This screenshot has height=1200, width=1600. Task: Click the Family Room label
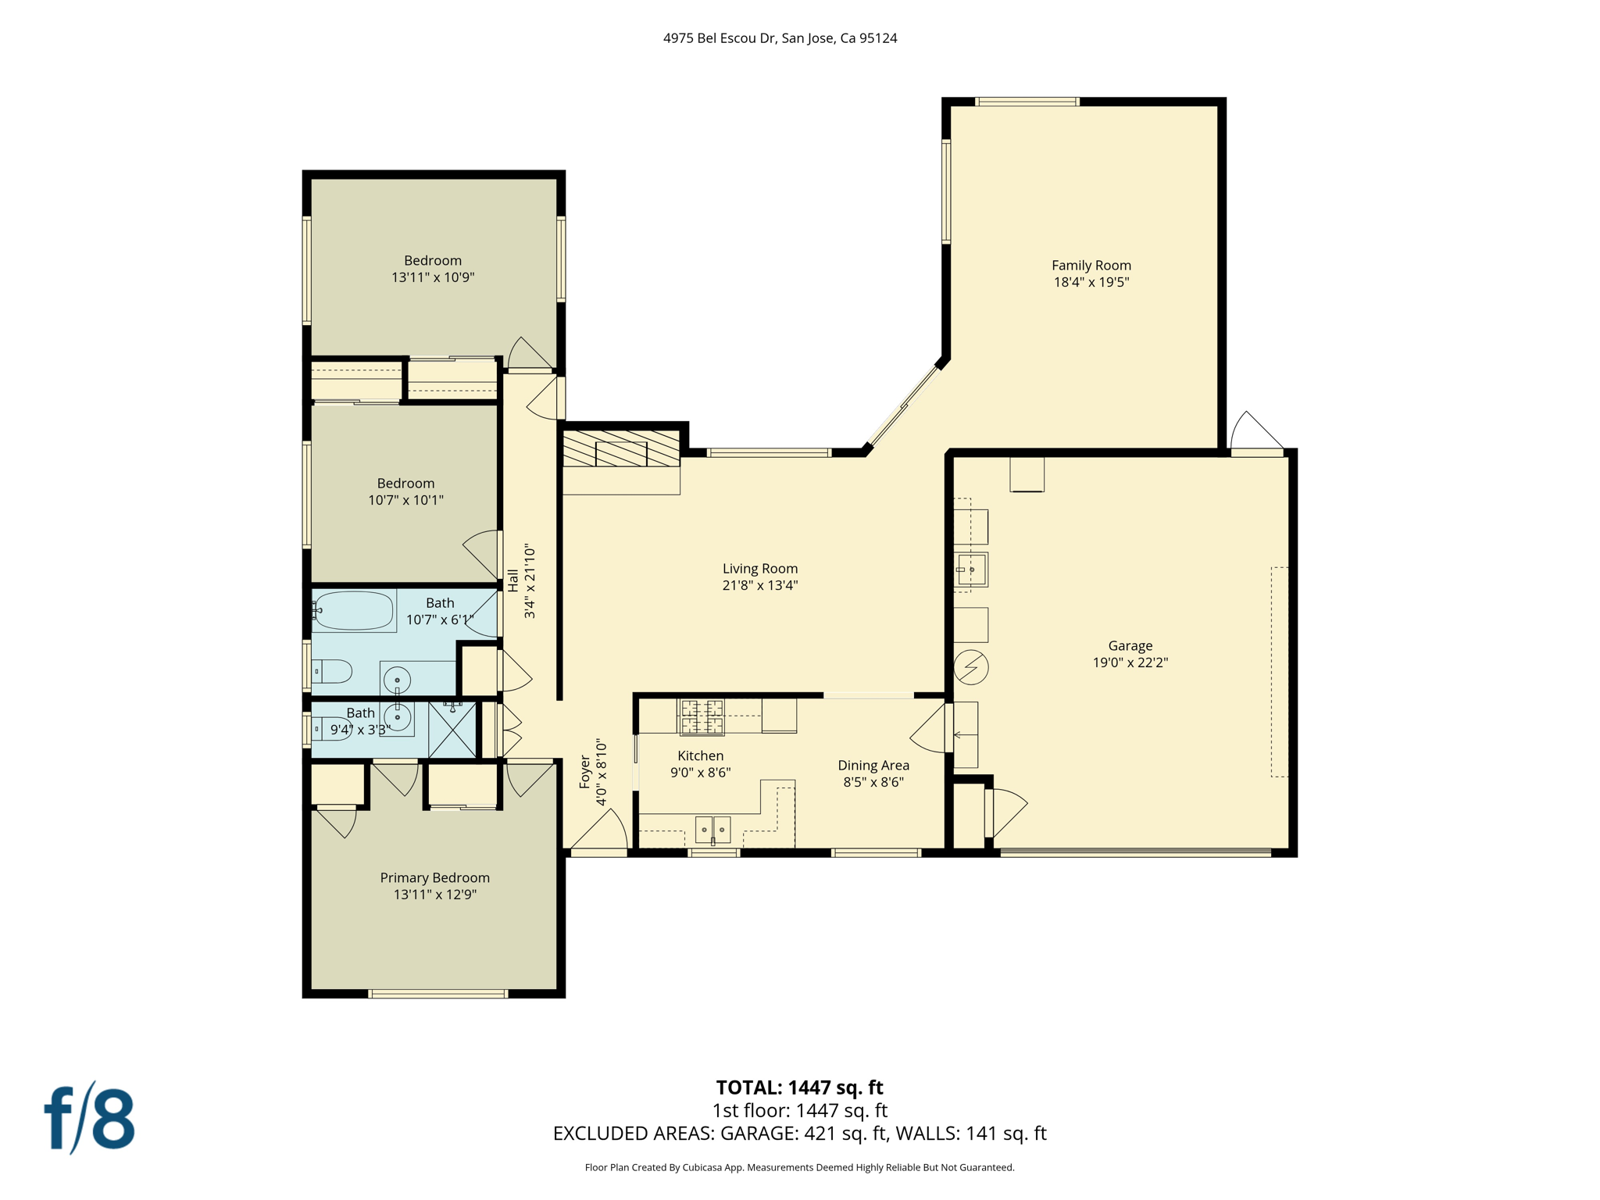(1091, 266)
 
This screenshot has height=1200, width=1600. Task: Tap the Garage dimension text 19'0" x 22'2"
(1130, 662)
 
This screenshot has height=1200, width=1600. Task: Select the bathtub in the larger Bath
(353, 611)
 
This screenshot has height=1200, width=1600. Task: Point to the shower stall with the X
(452, 730)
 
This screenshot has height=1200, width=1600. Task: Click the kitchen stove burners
(702, 717)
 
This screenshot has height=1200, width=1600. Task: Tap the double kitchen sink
(712, 830)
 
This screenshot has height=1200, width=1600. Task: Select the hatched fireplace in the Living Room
(621, 448)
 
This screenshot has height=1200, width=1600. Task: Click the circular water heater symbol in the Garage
(971, 667)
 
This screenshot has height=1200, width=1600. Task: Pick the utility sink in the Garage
(971, 570)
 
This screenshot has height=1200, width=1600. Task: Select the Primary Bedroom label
(434, 878)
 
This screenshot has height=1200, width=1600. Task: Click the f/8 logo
(89, 1119)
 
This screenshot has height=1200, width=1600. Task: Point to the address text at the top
(780, 38)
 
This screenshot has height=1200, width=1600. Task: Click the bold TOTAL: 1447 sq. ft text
(799, 1087)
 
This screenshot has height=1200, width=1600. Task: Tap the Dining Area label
(873, 766)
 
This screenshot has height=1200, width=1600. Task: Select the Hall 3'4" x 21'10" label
(521, 581)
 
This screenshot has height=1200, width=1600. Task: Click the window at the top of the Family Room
(1027, 102)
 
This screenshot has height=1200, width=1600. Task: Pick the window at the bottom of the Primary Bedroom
(437, 994)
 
